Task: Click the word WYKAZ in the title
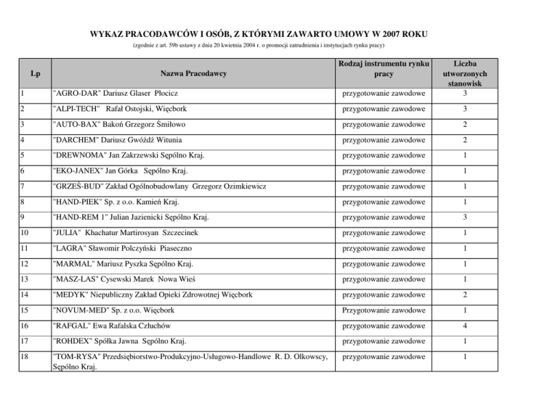(x=108, y=34)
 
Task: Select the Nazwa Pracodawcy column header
(x=193, y=74)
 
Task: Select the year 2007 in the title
(x=388, y=34)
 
